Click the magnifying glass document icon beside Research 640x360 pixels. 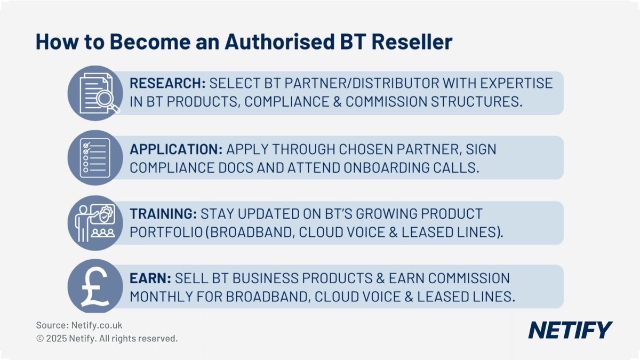[x=96, y=94]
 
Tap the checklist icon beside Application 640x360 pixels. [x=96, y=158]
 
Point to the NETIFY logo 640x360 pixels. [x=570, y=330]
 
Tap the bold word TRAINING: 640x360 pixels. [x=163, y=214]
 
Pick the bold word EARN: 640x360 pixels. [x=150, y=278]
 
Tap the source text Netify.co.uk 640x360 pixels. [x=92, y=325]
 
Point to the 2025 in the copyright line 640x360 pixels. [x=57, y=338]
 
